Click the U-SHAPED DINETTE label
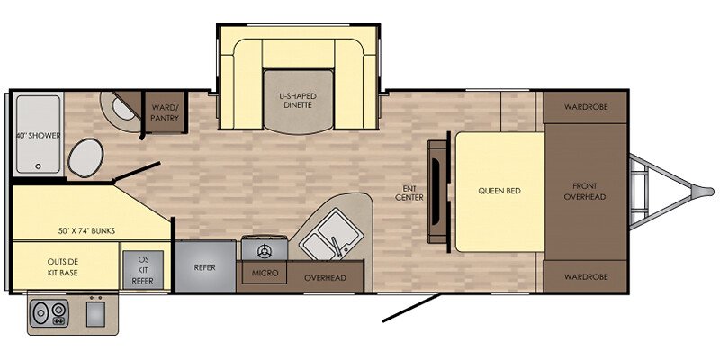point(298,101)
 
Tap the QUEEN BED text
point(499,191)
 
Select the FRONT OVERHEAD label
point(585,192)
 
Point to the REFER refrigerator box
point(206,265)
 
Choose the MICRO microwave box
point(265,273)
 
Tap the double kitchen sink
point(331,235)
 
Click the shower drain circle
point(39,166)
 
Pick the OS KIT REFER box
point(143,270)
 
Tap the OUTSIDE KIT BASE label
point(62,267)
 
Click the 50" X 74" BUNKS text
point(87,231)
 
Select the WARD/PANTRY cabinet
point(165,112)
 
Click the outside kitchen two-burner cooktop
point(50,312)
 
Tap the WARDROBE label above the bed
point(586,106)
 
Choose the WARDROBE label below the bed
point(586,277)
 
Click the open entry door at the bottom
point(411,308)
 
